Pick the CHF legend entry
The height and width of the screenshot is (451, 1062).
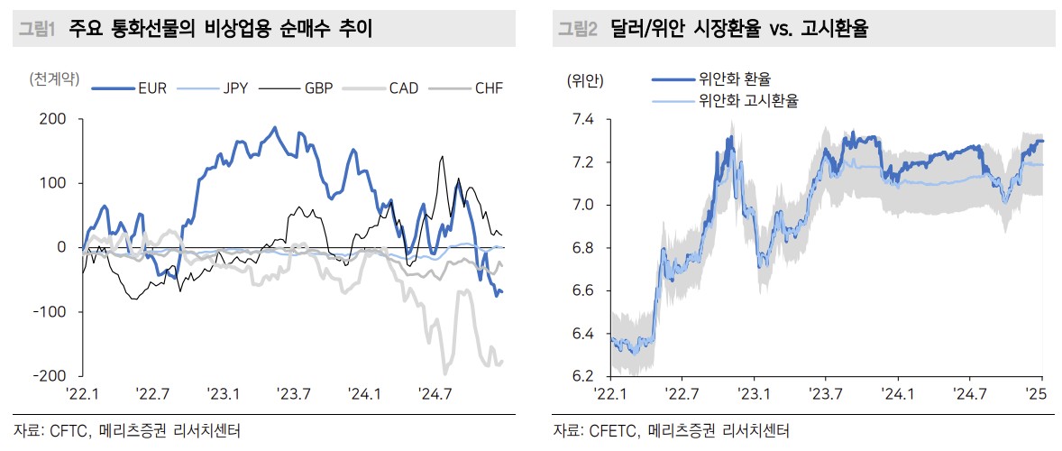tap(488, 88)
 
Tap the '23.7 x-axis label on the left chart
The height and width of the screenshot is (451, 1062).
tap(293, 393)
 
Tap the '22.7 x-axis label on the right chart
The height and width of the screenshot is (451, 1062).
tap(682, 393)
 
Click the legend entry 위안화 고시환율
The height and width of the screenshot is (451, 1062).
tap(747, 101)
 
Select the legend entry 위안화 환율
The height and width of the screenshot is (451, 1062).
tap(735, 80)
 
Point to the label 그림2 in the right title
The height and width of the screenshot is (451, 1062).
tap(577, 30)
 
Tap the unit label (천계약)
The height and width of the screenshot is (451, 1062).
tap(54, 79)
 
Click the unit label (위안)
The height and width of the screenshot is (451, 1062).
tap(585, 81)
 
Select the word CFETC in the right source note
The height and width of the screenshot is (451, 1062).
tap(612, 430)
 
